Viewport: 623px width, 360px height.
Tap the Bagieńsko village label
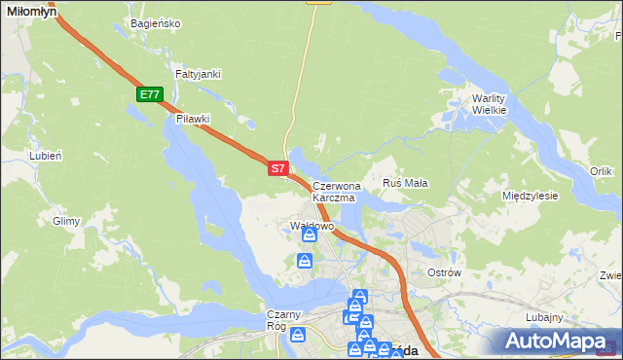155,23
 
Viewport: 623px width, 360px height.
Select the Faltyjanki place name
199,74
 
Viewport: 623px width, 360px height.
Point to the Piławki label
194,119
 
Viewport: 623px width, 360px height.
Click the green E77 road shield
149,94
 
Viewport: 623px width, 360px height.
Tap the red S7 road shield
277,168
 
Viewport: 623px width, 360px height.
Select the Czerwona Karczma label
336,191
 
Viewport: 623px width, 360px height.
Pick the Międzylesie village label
530,196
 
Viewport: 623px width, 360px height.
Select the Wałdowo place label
311,226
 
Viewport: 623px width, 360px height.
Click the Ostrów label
444,272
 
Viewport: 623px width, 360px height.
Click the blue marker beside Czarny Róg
299,335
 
